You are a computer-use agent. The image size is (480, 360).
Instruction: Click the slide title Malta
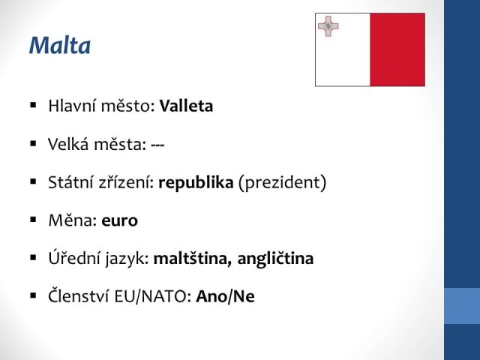point(60,45)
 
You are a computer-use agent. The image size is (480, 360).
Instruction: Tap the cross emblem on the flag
point(328,26)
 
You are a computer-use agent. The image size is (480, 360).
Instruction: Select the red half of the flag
point(397,49)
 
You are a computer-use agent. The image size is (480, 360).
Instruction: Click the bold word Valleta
point(186,106)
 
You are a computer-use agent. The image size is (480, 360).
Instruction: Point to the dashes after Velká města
point(157,145)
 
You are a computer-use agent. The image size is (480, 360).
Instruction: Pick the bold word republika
point(196,183)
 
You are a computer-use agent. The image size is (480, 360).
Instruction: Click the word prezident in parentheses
point(282,183)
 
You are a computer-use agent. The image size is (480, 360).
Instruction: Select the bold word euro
point(120,220)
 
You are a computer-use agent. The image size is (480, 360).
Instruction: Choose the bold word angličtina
point(275,259)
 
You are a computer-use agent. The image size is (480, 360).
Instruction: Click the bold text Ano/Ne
point(225,296)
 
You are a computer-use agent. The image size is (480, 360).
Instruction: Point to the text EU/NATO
point(153,296)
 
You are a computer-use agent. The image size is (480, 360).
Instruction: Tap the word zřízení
point(127,182)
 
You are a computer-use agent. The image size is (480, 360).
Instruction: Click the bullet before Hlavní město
point(33,106)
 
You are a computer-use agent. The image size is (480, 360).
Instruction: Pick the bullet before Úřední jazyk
point(33,258)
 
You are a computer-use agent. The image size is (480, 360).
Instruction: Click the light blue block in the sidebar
point(462,306)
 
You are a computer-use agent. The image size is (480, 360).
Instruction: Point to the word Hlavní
point(72,106)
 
